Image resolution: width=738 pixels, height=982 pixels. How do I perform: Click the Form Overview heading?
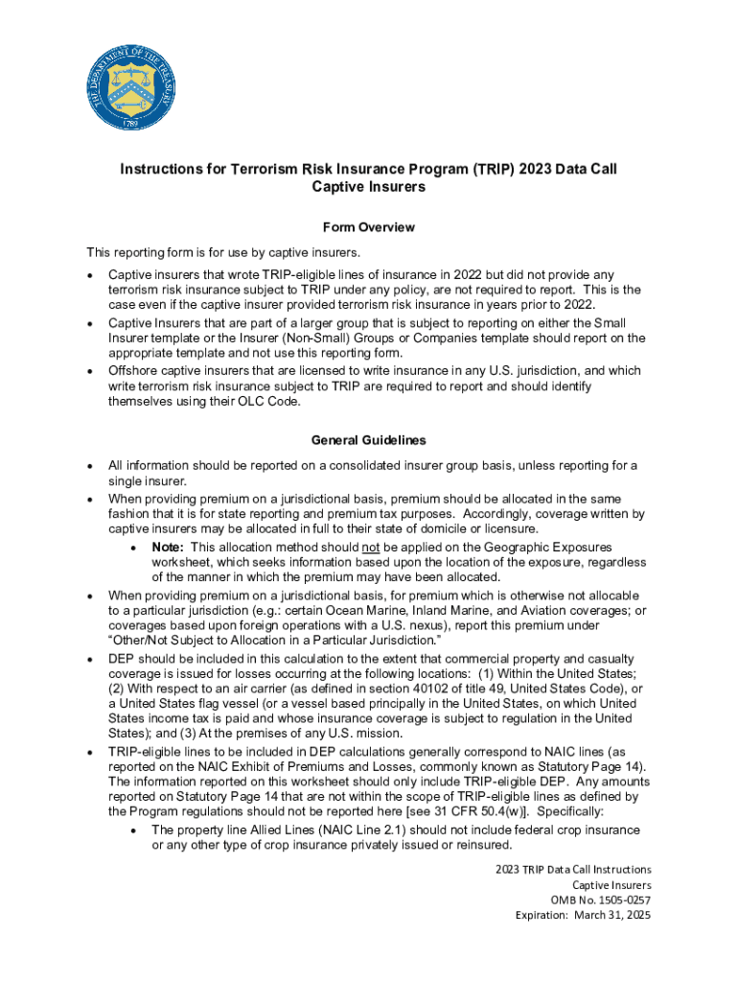368,227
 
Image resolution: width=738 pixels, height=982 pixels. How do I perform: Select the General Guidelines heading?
368,440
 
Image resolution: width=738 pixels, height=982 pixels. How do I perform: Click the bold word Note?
169,547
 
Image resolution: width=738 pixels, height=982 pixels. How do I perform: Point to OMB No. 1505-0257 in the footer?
600,900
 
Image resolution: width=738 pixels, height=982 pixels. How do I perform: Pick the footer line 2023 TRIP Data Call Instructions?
573,869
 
